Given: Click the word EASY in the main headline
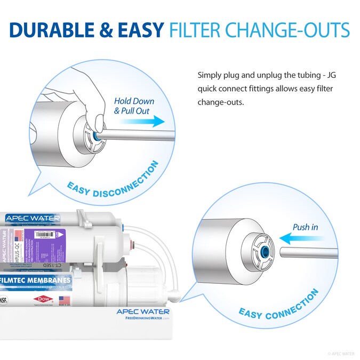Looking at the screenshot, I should click(x=140, y=30).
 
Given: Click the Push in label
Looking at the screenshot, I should click(x=305, y=227).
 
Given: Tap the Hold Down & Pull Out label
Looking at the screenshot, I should click(x=134, y=106).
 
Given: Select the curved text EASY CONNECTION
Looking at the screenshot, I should click(x=278, y=306).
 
